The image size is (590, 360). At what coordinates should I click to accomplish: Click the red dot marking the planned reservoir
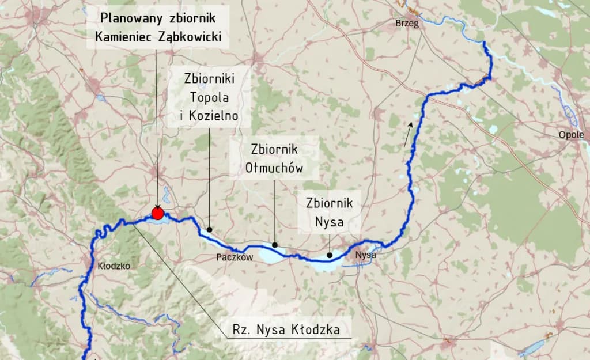[157, 214]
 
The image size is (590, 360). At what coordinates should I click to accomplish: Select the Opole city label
[571, 135]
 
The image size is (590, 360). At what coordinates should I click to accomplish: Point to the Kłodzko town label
[114, 266]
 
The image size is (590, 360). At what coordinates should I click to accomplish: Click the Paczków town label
[235, 257]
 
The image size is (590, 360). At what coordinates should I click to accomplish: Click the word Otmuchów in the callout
[274, 168]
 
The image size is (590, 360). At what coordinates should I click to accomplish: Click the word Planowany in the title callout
[130, 17]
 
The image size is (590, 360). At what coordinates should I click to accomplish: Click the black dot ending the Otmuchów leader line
[275, 245]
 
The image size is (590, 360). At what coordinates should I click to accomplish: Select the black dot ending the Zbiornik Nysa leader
[329, 255]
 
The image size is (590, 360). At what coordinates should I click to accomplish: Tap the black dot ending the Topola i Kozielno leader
[209, 229]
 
